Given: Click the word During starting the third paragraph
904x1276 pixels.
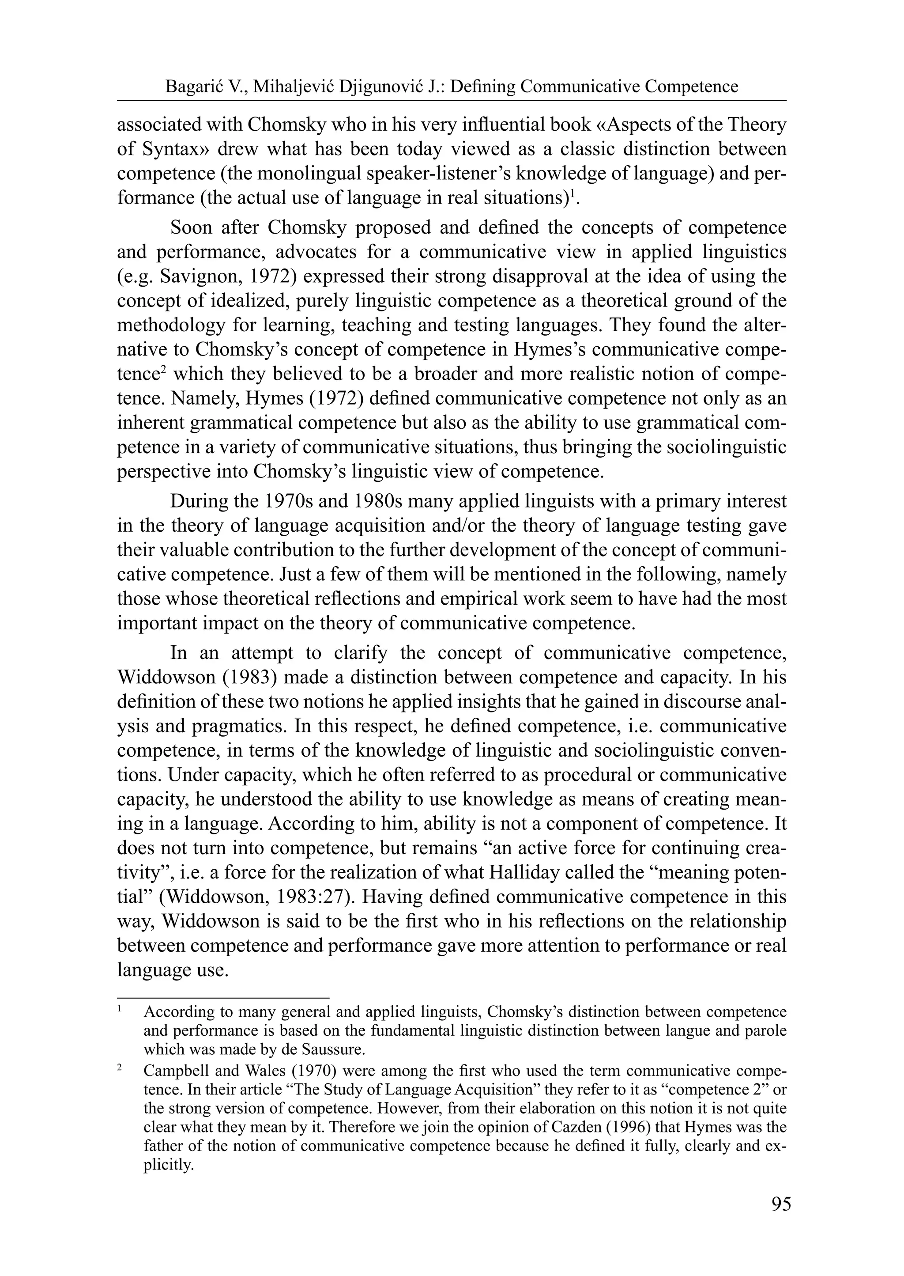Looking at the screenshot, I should point(198,501).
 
